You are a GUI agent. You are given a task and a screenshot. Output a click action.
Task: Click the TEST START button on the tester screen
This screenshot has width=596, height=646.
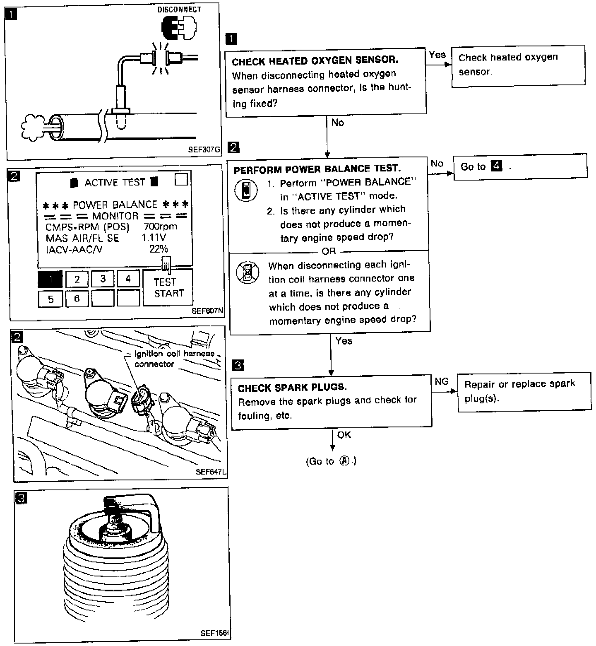point(168,287)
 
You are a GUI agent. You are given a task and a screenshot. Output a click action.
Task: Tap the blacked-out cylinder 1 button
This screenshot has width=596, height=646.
point(50,279)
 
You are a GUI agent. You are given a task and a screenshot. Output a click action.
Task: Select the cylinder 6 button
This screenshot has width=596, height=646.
point(77,299)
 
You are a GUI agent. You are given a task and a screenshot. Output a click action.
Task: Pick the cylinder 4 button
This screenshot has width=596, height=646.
point(128,279)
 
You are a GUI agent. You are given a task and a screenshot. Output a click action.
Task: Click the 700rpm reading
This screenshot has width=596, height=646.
point(160,227)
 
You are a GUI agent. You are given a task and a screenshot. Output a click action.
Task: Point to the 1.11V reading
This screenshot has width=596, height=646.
point(154,238)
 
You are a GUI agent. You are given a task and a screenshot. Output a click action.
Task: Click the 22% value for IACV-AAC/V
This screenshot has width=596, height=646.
point(159,249)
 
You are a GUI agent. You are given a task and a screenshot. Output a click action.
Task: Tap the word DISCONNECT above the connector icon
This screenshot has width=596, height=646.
point(179,9)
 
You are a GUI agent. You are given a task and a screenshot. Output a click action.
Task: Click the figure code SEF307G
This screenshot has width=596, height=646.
point(204,149)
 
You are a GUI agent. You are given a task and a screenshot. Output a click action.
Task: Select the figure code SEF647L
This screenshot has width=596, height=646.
point(211,472)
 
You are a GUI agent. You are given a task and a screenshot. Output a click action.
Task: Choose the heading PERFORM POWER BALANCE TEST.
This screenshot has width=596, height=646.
point(317,169)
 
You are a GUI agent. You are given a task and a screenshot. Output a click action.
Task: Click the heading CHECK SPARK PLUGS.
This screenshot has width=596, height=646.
point(292,388)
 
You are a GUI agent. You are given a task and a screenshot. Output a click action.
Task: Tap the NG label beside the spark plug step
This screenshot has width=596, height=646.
point(442,381)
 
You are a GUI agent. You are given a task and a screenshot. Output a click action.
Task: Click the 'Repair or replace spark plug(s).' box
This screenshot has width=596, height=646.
point(524,391)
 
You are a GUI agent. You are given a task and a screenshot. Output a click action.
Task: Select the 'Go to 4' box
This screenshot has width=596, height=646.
point(520,166)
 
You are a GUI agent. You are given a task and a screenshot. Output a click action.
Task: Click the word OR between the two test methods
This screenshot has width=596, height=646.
point(329,251)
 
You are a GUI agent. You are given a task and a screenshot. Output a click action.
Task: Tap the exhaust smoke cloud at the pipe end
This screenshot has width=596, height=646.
point(32,126)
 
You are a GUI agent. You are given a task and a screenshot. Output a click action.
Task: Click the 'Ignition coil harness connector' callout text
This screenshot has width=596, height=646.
point(174,359)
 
